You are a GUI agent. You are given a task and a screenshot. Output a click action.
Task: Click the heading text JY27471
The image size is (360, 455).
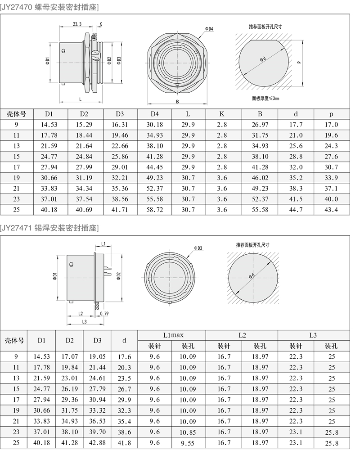[x=18, y=228]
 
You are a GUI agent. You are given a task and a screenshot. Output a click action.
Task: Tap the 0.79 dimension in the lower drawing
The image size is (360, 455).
[x=104, y=313]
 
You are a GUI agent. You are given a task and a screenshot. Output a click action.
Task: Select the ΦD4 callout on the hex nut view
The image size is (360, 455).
[x=209, y=29]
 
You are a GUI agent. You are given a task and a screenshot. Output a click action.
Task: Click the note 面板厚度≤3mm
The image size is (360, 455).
[x=265, y=98]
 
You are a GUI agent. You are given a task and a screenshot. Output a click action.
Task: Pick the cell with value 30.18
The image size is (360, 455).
[x=155, y=125]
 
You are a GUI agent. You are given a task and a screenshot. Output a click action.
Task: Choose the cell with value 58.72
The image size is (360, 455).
[x=155, y=210]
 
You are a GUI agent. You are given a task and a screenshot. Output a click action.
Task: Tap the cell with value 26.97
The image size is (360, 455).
[x=260, y=125]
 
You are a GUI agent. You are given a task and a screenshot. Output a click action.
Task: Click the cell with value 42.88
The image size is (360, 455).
[x=98, y=443]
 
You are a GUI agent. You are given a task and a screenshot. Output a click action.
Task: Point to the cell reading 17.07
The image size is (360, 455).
[x=70, y=356]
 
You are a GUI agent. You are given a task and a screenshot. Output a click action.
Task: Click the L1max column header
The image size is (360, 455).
[x=171, y=335]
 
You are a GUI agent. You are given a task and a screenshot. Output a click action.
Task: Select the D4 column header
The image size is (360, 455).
[x=155, y=114]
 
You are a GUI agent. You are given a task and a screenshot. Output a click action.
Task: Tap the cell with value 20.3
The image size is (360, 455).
[x=124, y=368]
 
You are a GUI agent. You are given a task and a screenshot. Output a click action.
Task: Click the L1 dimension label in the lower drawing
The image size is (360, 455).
[x=103, y=243]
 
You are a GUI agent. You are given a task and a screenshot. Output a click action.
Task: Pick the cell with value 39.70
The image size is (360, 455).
[x=98, y=432]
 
